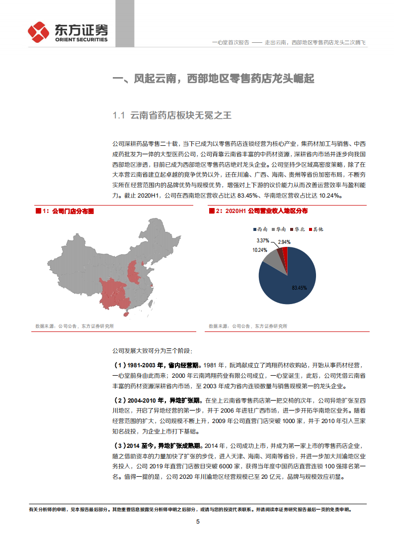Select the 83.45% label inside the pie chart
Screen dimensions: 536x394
pyautogui.click(x=299, y=288)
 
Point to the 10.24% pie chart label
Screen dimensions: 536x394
pyautogui.click(x=260, y=250)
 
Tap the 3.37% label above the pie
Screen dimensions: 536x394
pyautogui.click(x=269, y=241)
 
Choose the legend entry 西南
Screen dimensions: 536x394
pyautogui.click(x=260, y=229)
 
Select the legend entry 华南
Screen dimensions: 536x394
pyautogui.click(x=279, y=229)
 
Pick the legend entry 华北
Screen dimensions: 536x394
pyautogui.click(x=297, y=229)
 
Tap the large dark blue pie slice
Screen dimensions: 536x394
pyautogui.click(x=293, y=279)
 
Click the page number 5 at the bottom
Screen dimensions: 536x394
pyautogui.click(x=198, y=522)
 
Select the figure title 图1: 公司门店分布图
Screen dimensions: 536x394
pyautogui.click(x=65, y=212)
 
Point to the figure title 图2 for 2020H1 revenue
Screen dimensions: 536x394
pyautogui.click(x=258, y=212)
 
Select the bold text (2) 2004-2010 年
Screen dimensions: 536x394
pyautogui.click(x=144, y=400)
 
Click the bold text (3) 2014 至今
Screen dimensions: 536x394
pyautogui.click(x=144, y=445)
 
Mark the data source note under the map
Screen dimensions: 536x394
pyautogui.click(x=75, y=326)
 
